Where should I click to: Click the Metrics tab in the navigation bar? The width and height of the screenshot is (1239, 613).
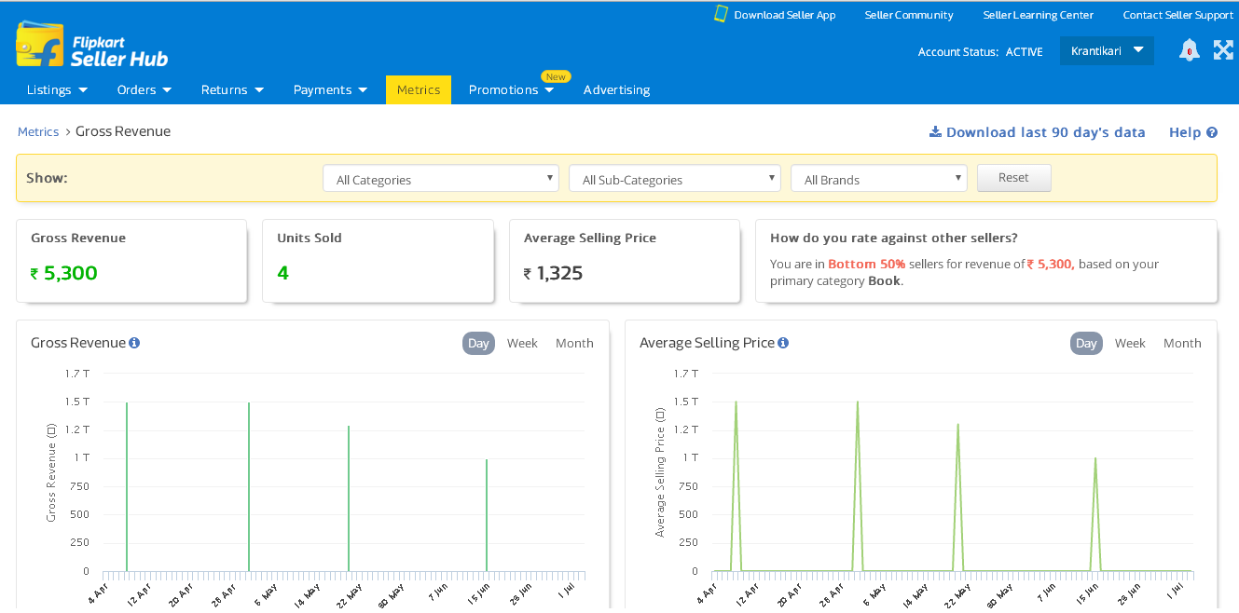click(419, 89)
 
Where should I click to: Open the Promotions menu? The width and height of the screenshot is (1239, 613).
click(511, 89)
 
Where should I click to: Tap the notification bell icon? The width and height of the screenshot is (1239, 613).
click(1189, 50)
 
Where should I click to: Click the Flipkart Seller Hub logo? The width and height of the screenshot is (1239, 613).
click(91, 46)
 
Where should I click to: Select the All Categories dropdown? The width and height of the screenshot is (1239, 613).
click(441, 179)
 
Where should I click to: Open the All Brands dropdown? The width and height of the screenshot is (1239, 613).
click(878, 179)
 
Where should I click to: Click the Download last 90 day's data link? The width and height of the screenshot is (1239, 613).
click(1037, 132)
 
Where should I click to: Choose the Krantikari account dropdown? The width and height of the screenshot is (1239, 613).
click(1107, 50)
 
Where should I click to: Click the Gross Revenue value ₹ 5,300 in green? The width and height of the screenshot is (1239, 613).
click(64, 273)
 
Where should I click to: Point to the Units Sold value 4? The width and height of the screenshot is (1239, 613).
click(283, 273)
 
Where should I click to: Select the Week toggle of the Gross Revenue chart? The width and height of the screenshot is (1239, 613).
click(522, 343)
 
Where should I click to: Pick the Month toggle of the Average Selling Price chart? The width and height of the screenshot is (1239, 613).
click(1182, 343)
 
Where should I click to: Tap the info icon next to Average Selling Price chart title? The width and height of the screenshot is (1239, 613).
click(783, 343)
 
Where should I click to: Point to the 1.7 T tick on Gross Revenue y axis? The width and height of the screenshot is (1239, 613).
click(77, 374)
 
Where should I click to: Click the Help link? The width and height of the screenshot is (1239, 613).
click(1192, 132)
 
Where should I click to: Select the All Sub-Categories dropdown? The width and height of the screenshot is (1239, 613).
click(675, 179)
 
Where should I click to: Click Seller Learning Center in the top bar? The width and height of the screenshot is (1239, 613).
click(1038, 15)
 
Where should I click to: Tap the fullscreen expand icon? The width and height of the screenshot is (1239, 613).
click(1223, 50)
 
